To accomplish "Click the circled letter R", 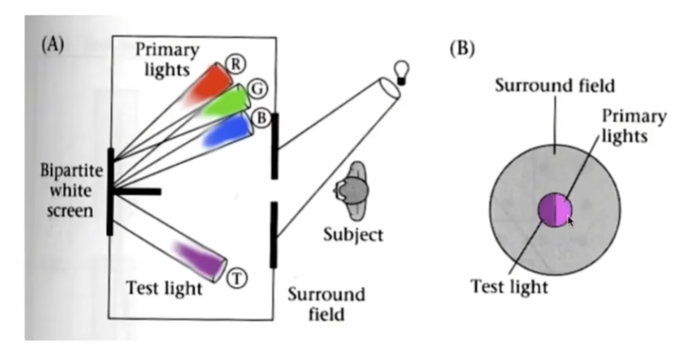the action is (x=236, y=64).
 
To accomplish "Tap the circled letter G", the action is (x=258, y=89).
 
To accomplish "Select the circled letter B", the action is (x=261, y=117).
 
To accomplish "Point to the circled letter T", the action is (x=237, y=278).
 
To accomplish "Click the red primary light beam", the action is (x=209, y=85).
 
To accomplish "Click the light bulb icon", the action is (x=401, y=72).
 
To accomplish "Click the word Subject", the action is (x=353, y=234).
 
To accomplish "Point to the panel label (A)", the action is (x=52, y=44).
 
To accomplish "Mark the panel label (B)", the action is (x=462, y=48).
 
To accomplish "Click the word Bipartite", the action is (x=72, y=171).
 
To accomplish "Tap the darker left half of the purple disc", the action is (x=548, y=210).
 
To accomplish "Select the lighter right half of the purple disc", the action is (x=564, y=210).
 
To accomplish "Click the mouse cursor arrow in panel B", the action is (x=571, y=221).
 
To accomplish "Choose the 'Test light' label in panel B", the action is (x=509, y=287).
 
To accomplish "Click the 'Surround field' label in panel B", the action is (x=555, y=85).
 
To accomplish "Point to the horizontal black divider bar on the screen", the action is (x=136, y=192).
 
